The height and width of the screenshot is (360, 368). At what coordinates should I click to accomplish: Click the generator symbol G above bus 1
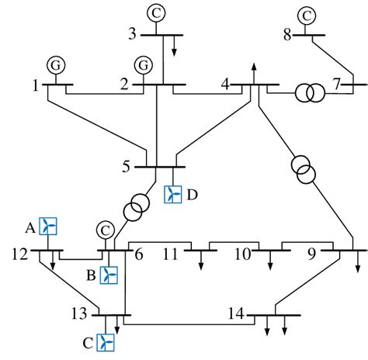tap(54, 64)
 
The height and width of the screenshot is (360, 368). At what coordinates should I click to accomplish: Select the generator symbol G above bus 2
tap(142, 64)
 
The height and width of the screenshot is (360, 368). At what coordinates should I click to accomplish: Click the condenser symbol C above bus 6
tap(104, 230)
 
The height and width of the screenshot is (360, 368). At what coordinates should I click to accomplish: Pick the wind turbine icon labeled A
tap(48, 226)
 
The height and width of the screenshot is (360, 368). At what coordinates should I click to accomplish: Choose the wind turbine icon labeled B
tap(109, 275)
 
